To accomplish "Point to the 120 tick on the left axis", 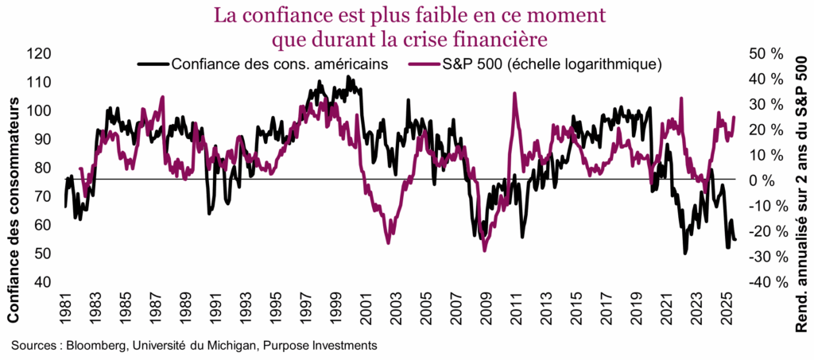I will (40, 54).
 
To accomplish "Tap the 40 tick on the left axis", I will (43, 282).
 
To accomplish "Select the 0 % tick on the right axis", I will (769, 180).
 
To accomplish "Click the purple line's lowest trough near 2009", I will (485, 250).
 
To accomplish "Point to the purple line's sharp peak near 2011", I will (514, 94).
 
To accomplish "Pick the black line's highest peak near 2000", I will (348, 76).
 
